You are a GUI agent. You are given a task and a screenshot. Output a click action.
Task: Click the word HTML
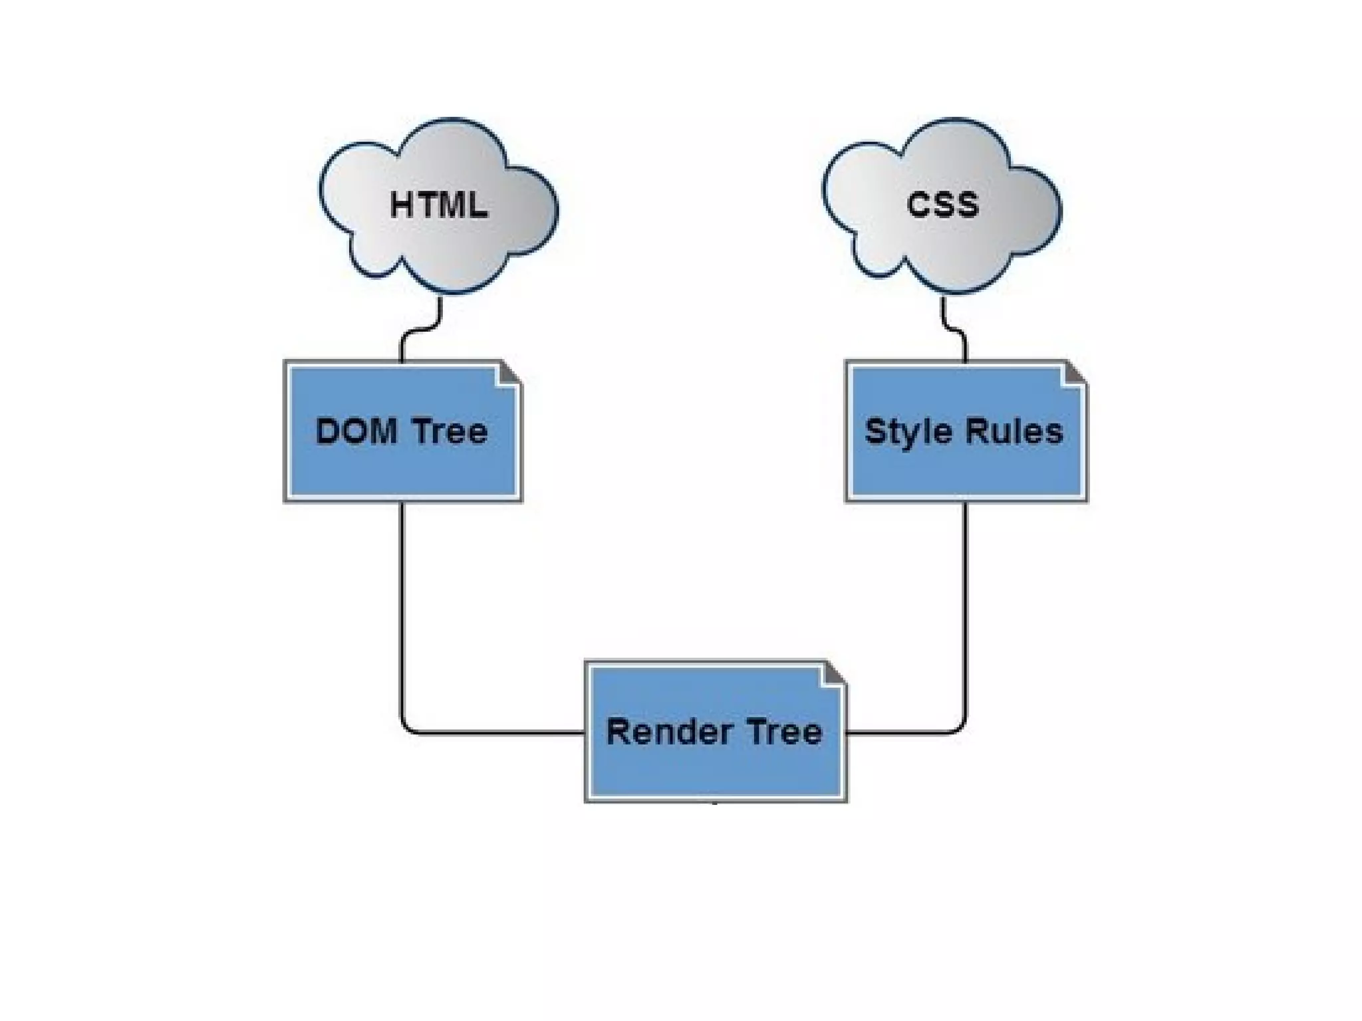tap(438, 205)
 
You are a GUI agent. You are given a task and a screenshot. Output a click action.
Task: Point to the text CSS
tap(942, 204)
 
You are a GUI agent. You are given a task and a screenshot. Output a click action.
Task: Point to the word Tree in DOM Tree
tap(450, 431)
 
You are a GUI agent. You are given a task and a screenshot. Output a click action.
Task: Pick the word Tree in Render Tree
tap(785, 732)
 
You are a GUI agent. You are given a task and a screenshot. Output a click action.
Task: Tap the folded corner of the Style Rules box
tap(1074, 373)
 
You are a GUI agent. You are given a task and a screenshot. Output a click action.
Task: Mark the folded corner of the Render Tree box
tap(834, 673)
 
